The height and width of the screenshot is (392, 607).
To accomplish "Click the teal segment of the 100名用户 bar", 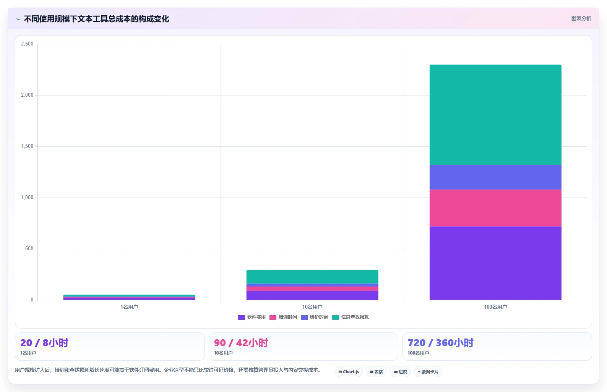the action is [x=495, y=115].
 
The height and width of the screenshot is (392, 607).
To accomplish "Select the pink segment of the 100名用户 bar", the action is [x=495, y=208].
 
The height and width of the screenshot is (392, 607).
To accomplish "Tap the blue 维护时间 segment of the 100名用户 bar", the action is [x=495, y=177].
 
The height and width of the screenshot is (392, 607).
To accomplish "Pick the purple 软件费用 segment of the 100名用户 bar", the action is [x=495, y=263].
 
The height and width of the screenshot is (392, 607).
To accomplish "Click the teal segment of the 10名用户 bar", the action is [x=312, y=277].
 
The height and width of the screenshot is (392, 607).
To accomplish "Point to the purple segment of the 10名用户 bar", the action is [x=312, y=295].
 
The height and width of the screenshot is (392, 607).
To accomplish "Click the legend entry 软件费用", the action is [x=252, y=317].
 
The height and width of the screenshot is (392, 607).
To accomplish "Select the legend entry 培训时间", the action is [x=283, y=317].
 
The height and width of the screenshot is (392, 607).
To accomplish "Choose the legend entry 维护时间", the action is [x=314, y=317].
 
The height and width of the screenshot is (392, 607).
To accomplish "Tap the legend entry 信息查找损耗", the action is [x=351, y=317].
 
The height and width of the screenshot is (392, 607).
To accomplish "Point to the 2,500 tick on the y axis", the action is [x=27, y=44].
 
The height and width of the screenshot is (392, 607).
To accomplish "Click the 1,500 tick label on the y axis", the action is [x=27, y=146].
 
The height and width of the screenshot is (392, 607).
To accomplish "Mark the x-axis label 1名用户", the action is [x=129, y=307].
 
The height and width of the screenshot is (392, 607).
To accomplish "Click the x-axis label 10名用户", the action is [x=312, y=307].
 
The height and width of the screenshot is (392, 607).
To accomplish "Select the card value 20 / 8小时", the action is [x=44, y=343].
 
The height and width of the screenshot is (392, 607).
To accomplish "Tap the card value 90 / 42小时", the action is [x=241, y=343].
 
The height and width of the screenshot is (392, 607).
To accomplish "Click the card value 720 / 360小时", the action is [x=440, y=343].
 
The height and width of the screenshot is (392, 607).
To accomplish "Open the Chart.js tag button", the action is [x=349, y=372].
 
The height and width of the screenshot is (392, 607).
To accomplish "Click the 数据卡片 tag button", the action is [x=428, y=372].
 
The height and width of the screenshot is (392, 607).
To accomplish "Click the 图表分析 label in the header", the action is [x=581, y=18].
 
